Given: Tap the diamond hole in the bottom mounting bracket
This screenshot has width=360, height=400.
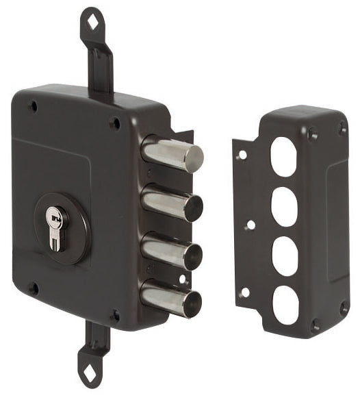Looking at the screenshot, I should click(x=89, y=373).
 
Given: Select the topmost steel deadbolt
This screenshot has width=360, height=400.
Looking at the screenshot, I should click(x=172, y=155).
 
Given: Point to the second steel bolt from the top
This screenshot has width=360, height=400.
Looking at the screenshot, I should click(x=172, y=202).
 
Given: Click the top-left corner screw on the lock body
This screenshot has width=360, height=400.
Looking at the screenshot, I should click(x=32, y=105).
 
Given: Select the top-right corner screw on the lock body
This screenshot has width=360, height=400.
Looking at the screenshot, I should click(x=114, y=123).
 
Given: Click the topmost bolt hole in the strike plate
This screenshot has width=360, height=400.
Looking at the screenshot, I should click(x=283, y=155).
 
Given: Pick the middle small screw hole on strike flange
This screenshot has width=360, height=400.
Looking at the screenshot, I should click(x=250, y=224).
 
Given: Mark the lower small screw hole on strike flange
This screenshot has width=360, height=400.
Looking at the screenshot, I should click(x=245, y=292).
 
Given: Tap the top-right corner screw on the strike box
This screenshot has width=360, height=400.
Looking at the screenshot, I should click(x=341, y=127).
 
